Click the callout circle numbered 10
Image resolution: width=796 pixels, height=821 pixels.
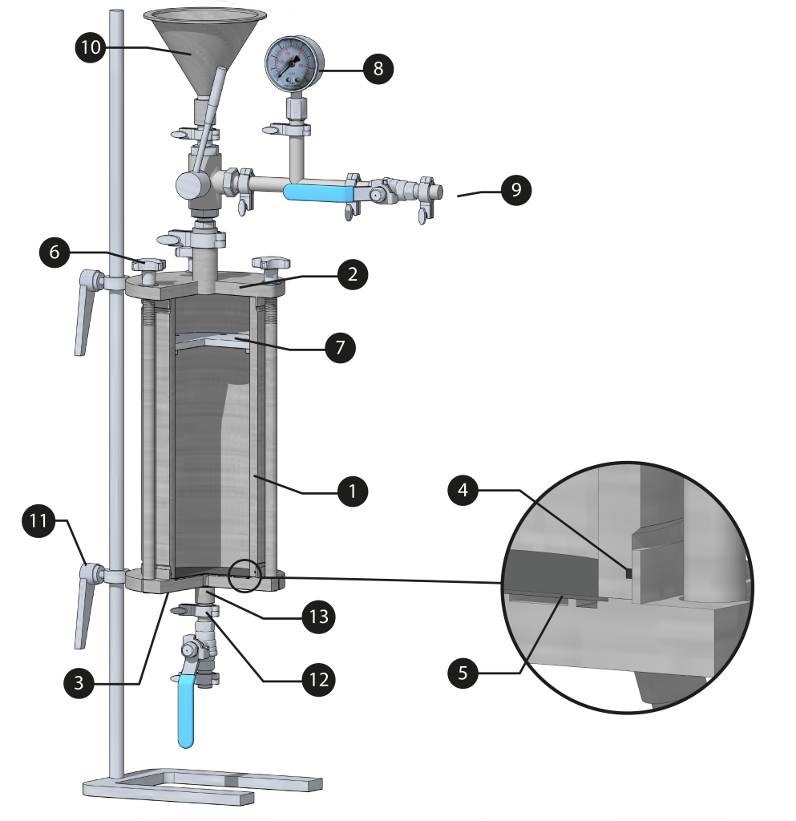click(91, 47)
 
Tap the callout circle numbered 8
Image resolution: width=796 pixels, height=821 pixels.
click(378, 69)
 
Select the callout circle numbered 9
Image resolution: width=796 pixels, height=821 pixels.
click(515, 190)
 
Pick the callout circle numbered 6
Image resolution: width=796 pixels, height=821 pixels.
click(55, 252)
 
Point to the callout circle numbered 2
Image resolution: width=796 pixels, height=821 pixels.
click(353, 274)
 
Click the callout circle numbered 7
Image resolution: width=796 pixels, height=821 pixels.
click(340, 347)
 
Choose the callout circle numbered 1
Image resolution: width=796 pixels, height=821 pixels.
click(352, 491)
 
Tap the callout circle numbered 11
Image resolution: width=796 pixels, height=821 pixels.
click(38, 521)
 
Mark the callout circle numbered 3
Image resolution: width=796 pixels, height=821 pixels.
click(79, 683)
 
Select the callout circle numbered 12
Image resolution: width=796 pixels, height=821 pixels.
click(319, 679)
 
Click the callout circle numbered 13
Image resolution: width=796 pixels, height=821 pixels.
click(319, 617)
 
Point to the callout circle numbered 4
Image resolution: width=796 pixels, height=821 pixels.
click(463, 490)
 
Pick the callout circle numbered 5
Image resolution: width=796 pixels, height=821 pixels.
click(463, 673)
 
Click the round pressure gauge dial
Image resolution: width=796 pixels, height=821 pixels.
click(293, 63)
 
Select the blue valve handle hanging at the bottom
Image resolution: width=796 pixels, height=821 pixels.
click(185, 710)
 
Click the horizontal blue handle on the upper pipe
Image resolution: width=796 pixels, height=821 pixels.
click(318, 191)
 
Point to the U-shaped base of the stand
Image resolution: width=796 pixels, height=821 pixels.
click(200, 784)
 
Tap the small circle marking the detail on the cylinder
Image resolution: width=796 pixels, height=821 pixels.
click(244, 575)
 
